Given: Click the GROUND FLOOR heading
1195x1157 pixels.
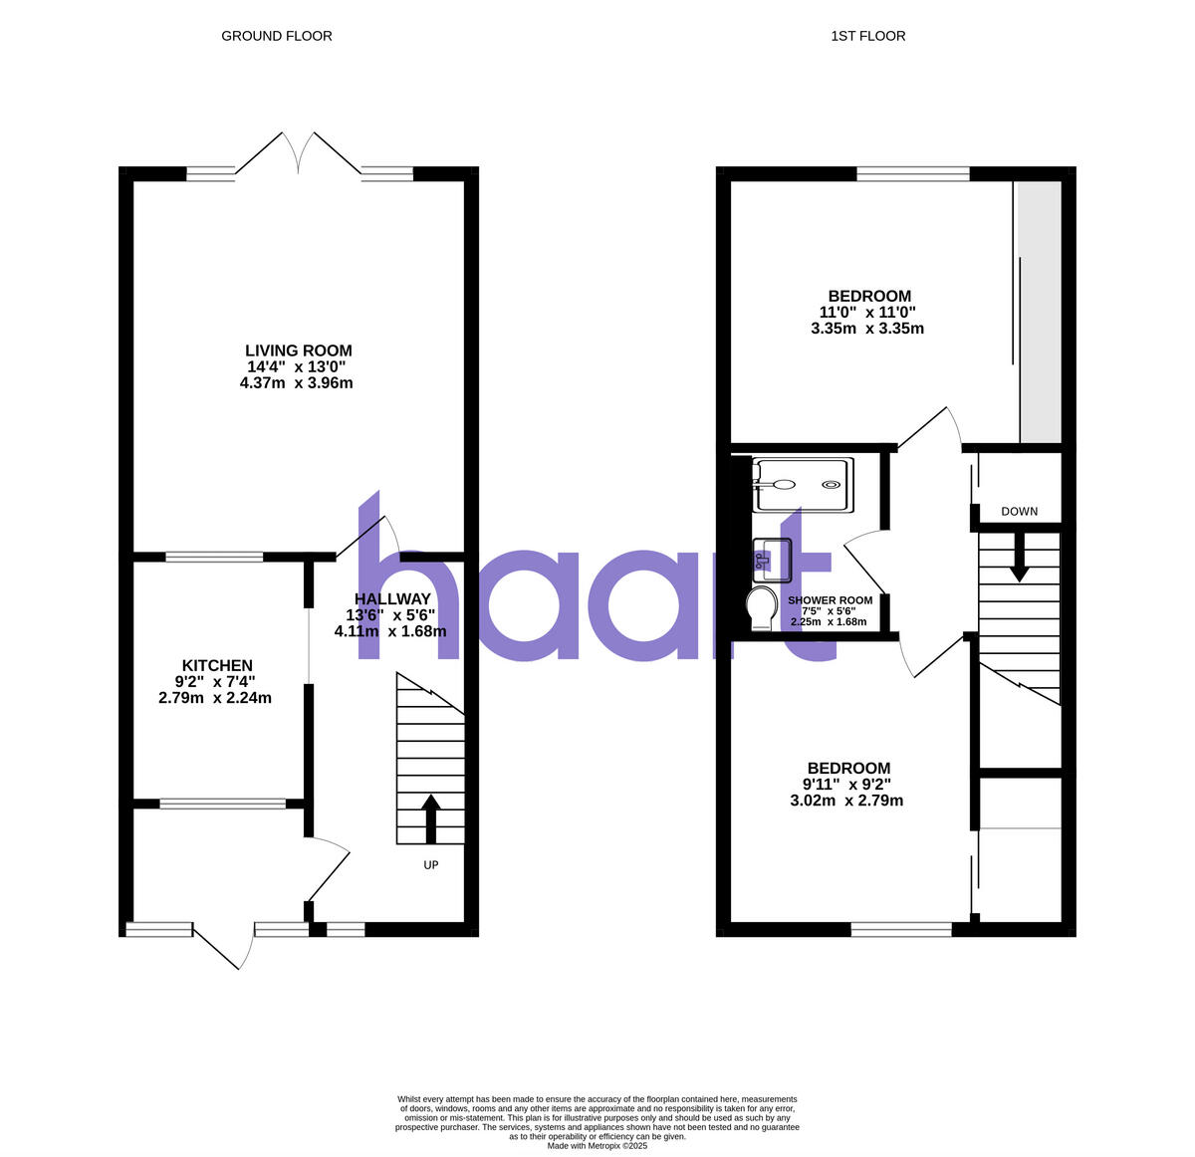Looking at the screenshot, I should pos(276,36).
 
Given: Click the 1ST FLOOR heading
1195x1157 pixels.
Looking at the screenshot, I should pos(867,36).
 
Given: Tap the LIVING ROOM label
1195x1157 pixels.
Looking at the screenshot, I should pos(298,350).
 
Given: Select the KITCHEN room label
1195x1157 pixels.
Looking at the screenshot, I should pos(216,665).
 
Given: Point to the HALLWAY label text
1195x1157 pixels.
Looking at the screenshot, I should pos(392,598).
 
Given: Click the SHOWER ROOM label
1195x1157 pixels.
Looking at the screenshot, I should pos(830,600).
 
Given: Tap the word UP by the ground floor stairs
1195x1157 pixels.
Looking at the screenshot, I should pos(430,865).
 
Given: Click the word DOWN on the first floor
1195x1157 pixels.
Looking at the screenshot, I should pos(1019,512).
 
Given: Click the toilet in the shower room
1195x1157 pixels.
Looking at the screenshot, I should pos(762,606).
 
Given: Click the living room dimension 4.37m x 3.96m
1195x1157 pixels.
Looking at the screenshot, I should pos(297,382).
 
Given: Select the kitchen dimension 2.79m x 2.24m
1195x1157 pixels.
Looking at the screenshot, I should pos(215,698).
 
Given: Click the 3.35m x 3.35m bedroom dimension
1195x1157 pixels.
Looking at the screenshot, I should pos(867,329).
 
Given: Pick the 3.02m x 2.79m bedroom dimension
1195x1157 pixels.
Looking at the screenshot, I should pos(846,801).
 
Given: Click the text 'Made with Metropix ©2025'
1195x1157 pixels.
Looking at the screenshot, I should pos(597,1146).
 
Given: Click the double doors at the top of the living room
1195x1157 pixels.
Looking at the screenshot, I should pos(299,154).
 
